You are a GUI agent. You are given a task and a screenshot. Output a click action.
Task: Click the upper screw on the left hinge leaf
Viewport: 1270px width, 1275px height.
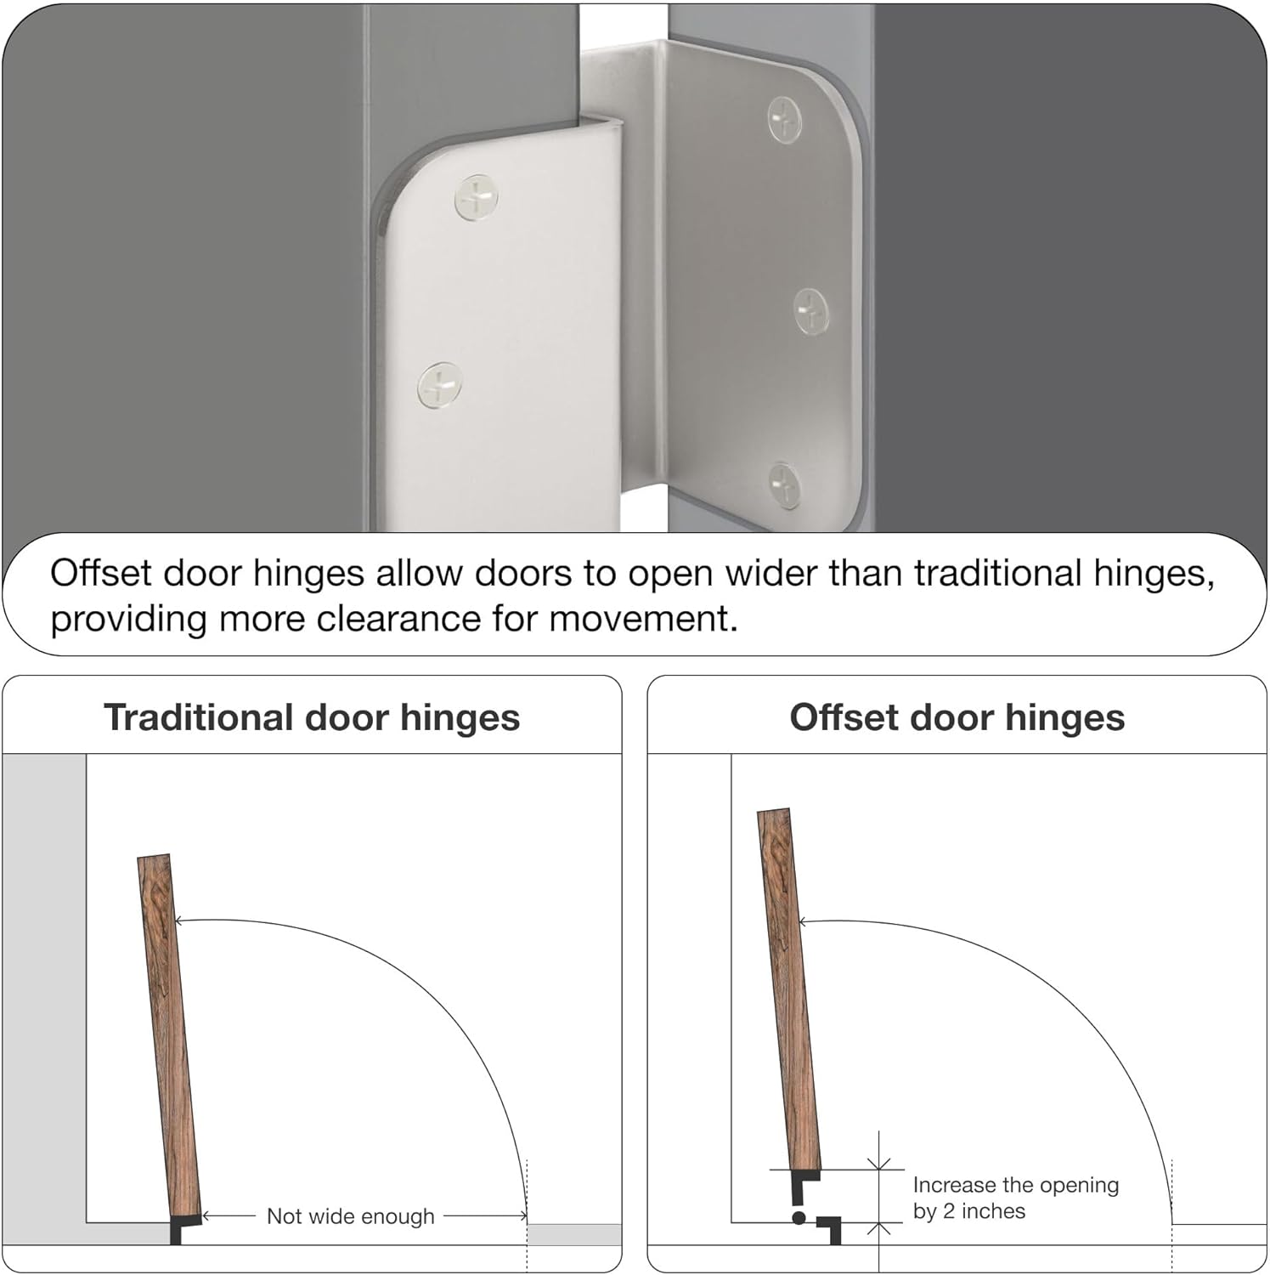[477, 197]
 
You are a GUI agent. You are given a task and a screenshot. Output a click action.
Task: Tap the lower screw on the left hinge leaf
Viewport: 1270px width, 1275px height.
[440, 385]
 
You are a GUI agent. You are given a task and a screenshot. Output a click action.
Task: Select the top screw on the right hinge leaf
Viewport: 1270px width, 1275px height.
[784, 119]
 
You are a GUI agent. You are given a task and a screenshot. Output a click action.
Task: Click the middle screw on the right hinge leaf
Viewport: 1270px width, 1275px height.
[811, 310]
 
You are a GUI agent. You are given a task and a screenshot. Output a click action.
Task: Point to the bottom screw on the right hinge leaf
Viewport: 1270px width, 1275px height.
[783, 485]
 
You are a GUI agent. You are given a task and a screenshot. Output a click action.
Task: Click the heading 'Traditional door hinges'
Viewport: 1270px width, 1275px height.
[312, 717]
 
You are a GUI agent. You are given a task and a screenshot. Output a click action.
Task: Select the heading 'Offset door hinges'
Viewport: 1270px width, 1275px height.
[957, 717]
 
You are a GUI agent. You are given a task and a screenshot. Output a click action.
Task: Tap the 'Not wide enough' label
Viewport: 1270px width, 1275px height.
[350, 1216]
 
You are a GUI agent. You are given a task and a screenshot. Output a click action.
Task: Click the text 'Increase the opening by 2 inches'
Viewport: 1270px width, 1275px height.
[1015, 1198]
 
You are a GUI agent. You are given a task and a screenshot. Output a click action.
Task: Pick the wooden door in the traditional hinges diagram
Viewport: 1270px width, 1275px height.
[169, 1037]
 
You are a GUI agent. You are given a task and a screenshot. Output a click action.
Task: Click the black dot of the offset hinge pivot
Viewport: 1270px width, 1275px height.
[799, 1218]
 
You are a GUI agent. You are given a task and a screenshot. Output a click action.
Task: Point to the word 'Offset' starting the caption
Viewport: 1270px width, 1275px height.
[100, 574]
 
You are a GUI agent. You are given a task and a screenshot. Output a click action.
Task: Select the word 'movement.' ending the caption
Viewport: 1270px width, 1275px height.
[643, 619]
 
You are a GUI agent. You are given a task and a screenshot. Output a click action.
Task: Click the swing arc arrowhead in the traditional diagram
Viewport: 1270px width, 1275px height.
[179, 921]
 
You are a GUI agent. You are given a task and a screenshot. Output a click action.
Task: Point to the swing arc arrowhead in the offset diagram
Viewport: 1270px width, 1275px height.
[802, 921]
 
